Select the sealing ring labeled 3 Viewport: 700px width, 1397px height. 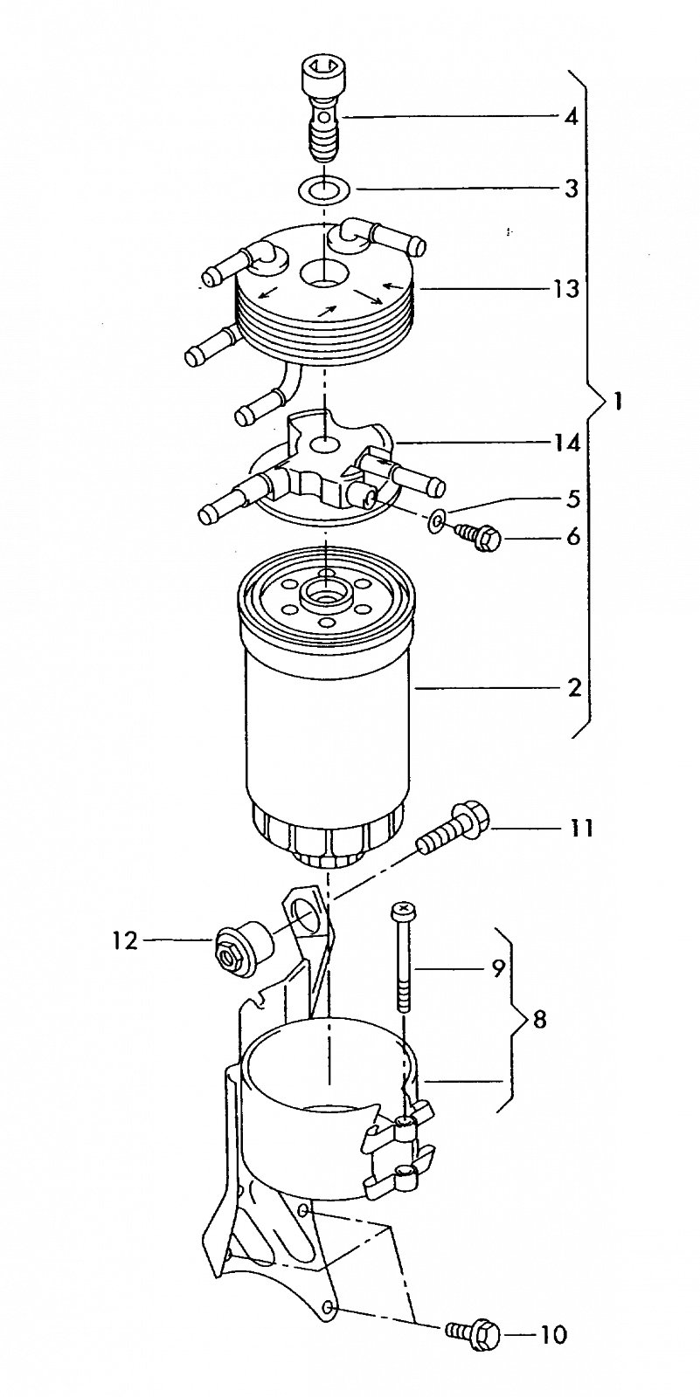(322, 188)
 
